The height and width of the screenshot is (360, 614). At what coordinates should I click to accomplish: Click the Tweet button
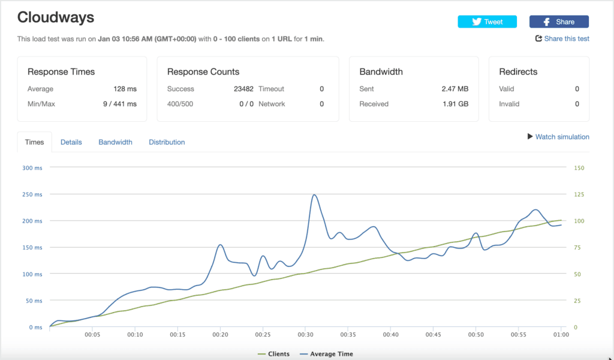487,22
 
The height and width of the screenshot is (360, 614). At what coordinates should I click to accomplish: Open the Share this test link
562,38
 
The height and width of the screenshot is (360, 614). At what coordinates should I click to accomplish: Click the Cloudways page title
56,17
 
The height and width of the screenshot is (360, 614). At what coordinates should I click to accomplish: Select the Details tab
71,142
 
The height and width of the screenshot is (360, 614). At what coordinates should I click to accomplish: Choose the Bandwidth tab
115,142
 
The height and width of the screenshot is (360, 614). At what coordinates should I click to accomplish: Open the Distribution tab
167,142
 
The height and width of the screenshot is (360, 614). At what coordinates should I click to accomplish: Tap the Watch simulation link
558,137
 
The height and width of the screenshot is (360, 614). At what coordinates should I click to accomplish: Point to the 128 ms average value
125,89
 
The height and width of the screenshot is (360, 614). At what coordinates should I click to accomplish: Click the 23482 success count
243,89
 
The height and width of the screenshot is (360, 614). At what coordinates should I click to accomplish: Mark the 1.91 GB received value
456,104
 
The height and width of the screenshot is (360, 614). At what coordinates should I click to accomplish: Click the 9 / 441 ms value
120,104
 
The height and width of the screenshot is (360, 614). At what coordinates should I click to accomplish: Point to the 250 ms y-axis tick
32,194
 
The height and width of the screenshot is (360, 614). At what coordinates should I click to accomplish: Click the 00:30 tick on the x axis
305,335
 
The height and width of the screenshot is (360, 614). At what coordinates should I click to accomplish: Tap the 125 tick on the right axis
579,194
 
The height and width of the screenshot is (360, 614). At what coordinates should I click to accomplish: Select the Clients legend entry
273,354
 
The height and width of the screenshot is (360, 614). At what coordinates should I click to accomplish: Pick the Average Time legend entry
326,354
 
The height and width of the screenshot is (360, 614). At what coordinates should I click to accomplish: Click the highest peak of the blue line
314,194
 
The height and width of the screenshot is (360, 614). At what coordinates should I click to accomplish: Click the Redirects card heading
518,71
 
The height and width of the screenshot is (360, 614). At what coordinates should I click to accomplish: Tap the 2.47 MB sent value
455,89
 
